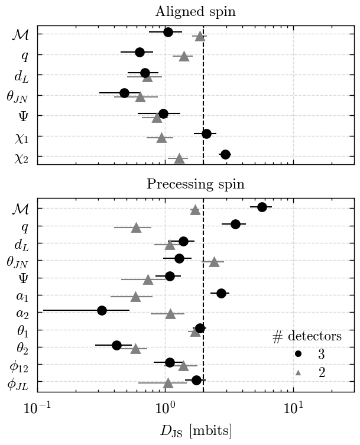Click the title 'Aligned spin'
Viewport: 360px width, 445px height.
(x=195, y=12)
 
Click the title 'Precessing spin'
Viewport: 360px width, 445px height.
(x=195, y=184)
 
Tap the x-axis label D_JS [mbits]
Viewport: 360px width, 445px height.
(x=195, y=430)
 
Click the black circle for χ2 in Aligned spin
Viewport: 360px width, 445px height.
(x=225, y=154)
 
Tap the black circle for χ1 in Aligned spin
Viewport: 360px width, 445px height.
(x=206, y=134)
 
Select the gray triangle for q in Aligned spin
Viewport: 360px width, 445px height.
(x=184, y=56)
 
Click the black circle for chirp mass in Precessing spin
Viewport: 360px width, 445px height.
(x=262, y=206)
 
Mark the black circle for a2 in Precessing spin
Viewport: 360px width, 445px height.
(x=102, y=310)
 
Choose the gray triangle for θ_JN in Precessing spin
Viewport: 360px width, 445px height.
(x=214, y=261)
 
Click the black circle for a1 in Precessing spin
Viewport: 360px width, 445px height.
(x=221, y=293)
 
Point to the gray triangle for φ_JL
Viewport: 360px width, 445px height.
(x=168, y=383)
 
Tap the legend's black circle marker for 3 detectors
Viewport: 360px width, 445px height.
(x=299, y=353)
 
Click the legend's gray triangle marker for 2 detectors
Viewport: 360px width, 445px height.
(x=299, y=372)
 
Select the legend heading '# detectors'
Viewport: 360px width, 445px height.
(x=307, y=337)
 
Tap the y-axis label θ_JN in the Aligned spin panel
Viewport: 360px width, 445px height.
(x=17, y=96)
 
